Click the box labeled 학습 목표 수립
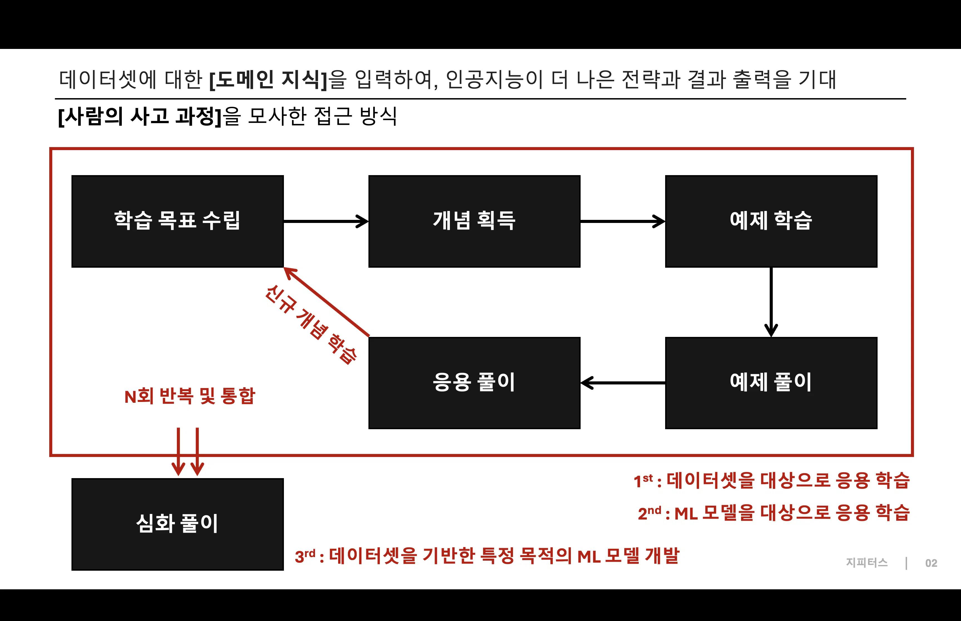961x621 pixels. coord(177,221)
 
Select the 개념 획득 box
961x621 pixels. coord(474,221)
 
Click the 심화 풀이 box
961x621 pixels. coord(177,524)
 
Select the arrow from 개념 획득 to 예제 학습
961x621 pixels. coord(622,221)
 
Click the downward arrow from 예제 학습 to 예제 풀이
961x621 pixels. coord(771,302)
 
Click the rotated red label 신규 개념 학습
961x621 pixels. coord(311,325)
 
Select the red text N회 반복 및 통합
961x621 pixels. coord(190,396)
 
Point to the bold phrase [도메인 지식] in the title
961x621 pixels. coord(268,80)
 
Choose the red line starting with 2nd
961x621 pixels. coord(774,513)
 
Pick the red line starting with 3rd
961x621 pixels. coord(487,556)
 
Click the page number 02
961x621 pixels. coord(931,563)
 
